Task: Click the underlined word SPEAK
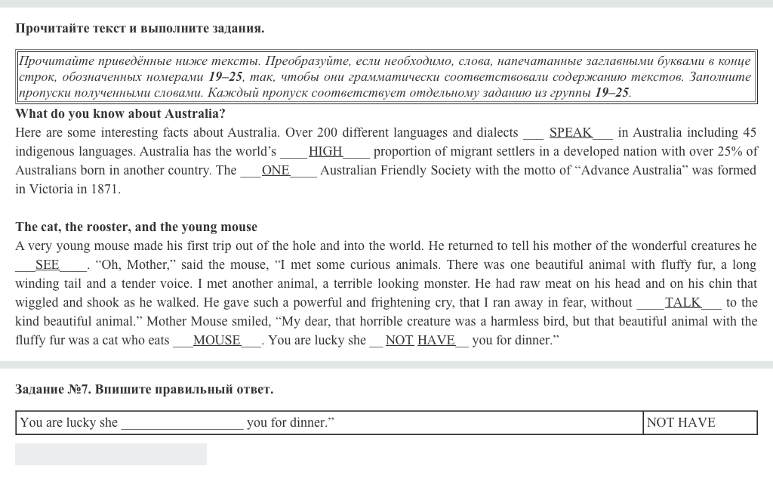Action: [x=570, y=133]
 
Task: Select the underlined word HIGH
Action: [x=325, y=152]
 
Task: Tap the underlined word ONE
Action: [x=276, y=171]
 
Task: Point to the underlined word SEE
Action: [x=48, y=265]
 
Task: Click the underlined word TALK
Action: [x=682, y=303]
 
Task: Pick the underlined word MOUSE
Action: [x=217, y=341]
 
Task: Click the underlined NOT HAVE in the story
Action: [x=420, y=341]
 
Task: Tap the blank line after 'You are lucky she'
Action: [x=182, y=424]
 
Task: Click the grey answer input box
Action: [x=111, y=454]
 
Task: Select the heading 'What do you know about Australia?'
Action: [x=120, y=114]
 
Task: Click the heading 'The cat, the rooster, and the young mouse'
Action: [x=136, y=227]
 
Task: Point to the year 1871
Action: [x=106, y=190]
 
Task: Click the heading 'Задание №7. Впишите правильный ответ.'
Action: [x=144, y=390]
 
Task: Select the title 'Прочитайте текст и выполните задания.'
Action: [x=140, y=29]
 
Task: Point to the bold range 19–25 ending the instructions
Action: [x=611, y=93]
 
